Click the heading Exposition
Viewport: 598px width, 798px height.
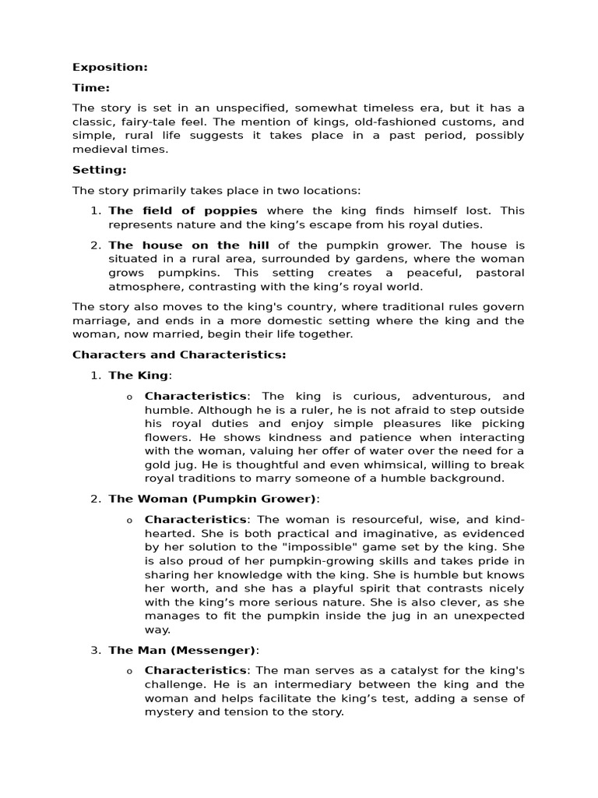pyautogui.click(x=110, y=67)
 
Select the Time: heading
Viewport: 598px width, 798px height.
pyautogui.click(x=91, y=88)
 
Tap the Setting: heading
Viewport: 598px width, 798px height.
pyautogui.click(x=99, y=169)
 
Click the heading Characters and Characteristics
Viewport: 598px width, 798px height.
pyautogui.click(x=179, y=355)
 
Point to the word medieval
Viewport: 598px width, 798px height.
pyautogui.click(x=97, y=150)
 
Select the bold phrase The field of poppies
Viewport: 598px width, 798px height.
pyautogui.click(x=182, y=210)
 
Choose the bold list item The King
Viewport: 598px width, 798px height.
pyautogui.click(x=138, y=376)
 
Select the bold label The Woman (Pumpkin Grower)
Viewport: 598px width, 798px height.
pyautogui.click(x=213, y=499)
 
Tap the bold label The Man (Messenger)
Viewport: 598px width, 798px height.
pyautogui.click(x=181, y=650)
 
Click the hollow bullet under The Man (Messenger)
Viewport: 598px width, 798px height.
pyautogui.click(x=129, y=671)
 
